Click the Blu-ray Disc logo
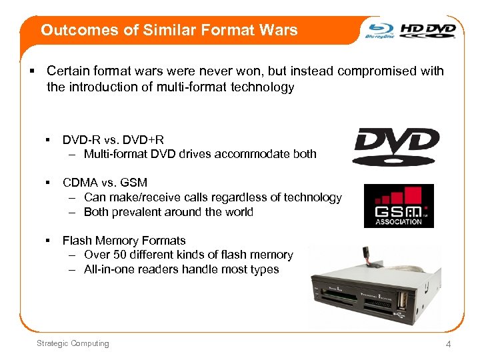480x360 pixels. coord(381,31)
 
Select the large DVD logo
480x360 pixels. coord(397,146)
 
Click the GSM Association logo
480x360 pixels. coord(399,205)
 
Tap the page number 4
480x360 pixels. coord(449,344)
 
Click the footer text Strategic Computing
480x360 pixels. coord(73,343)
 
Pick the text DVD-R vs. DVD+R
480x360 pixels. coord(113,140)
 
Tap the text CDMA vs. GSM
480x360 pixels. coord(105,183)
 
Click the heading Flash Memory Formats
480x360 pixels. coord(124,241)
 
